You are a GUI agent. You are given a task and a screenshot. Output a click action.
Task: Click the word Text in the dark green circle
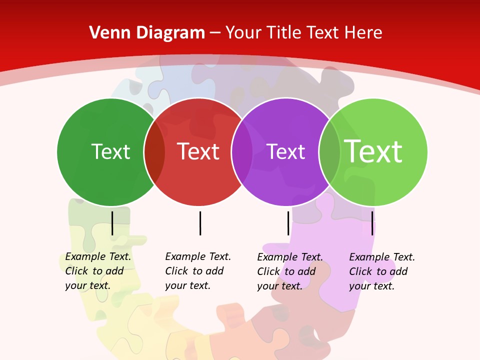(x=110, y=151)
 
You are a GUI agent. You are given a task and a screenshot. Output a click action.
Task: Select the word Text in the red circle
(x=198, y=151)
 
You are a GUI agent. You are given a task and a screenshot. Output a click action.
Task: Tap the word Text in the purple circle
(x=285, y=151)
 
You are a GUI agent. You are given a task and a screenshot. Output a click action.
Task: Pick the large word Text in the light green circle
(x=373, y=151)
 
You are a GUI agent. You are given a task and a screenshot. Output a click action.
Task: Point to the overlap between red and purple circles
(x=242, y=152)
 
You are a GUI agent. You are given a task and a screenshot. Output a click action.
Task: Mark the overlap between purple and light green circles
(x=329, y=152)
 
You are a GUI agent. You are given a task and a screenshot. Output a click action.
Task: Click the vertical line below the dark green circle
(x=112, y=223)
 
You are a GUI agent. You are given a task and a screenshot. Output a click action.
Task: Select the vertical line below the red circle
(x=200, y=223)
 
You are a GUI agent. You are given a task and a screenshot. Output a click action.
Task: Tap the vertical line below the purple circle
(x=288, y=223)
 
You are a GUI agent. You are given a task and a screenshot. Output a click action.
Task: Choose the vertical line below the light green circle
(x=372, y=223)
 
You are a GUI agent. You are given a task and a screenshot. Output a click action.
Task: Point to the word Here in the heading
(x=363, y=33)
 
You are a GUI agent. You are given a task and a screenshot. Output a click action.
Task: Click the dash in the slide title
(x=215, y=33)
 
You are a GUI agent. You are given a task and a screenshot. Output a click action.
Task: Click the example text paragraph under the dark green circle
(x=98, y=271)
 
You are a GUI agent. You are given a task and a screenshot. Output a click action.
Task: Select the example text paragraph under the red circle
(x=198, y=271)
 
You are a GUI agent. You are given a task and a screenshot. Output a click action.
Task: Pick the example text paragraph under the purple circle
(x=290, y=271)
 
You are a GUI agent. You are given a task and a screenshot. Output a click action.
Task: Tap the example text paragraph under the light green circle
(x=382, y=271)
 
